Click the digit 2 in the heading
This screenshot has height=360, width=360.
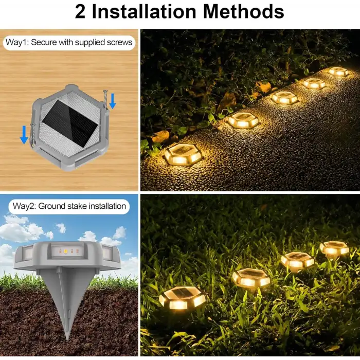[x=80, y=12]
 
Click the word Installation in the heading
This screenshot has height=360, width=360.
[x=143, y=11]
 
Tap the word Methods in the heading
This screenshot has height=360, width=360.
[x=244, y=11]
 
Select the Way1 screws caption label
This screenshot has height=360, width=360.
[x=69, y=43]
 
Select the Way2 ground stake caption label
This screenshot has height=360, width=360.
[x=69, y=206]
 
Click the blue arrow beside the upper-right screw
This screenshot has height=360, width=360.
[x=113, y=101]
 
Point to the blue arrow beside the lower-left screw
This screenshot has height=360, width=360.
[x=24, y=135]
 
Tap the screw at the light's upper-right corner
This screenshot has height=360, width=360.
[x=105, y=99]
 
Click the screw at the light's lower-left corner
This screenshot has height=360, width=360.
[x=33, y=135]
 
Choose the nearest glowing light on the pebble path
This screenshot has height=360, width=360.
[x=183, y=154]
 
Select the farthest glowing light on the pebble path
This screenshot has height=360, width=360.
[x=338, y=71]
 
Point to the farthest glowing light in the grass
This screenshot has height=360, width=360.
[x=334, y=248]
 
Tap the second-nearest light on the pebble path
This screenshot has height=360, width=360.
[x=244, y=119]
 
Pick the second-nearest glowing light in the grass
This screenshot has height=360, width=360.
[x=251, y=278]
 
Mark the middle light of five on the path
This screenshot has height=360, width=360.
[x=285, y=98]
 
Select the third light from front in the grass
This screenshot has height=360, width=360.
[x=298, y=261]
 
